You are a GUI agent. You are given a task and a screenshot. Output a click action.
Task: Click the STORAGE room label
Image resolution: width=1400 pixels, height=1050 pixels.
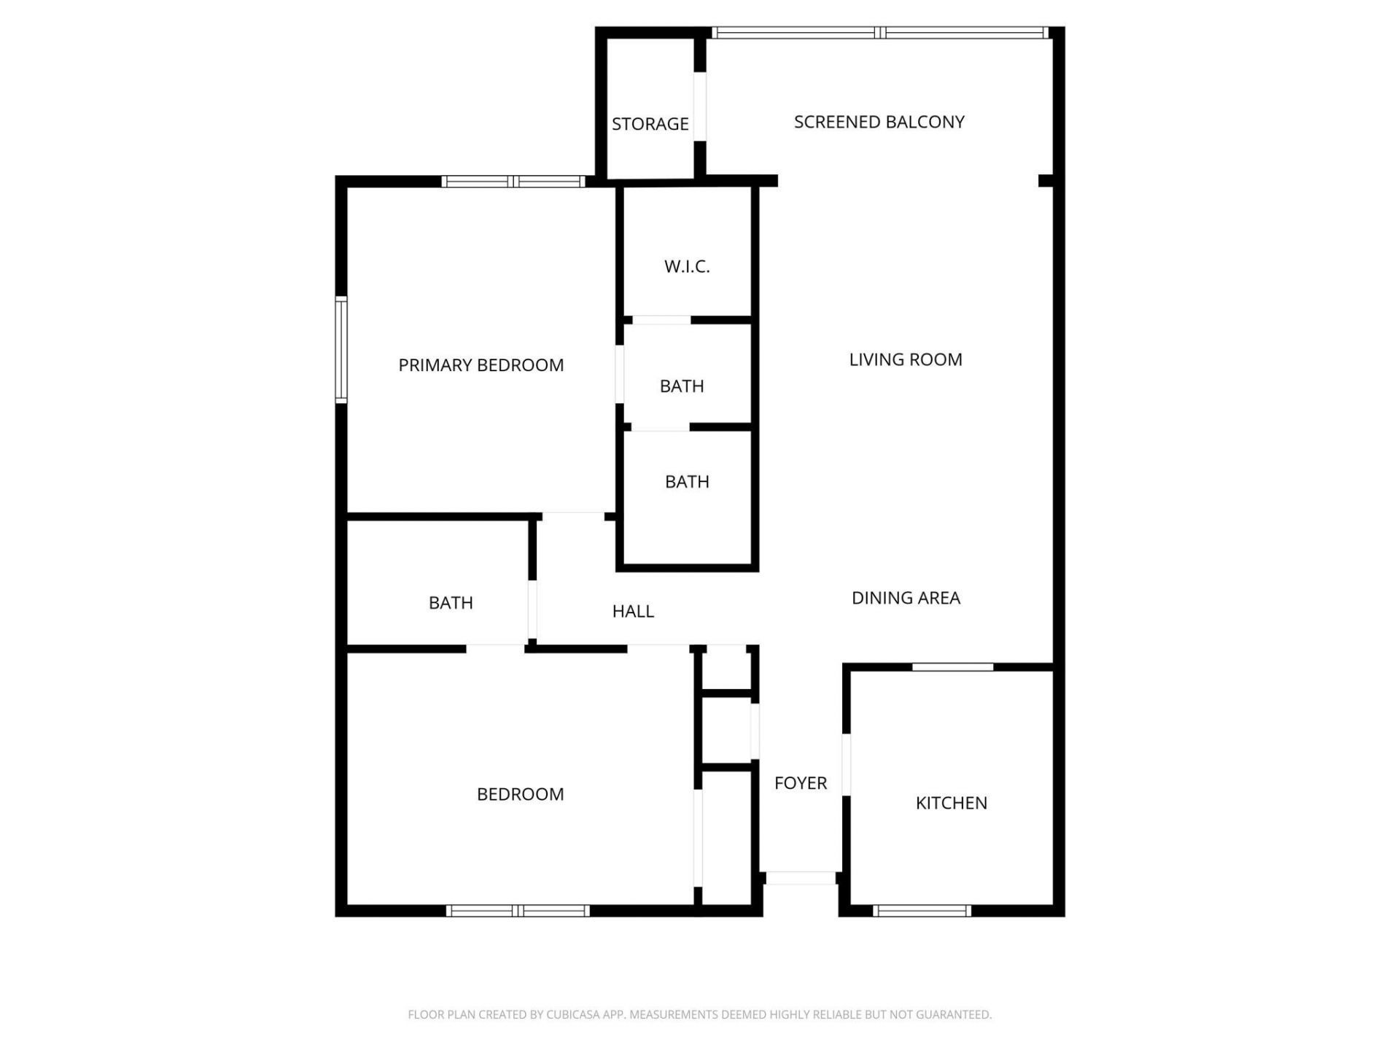click(650, 124)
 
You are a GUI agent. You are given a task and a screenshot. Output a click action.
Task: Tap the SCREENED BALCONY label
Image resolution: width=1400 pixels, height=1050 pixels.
click(879, 122)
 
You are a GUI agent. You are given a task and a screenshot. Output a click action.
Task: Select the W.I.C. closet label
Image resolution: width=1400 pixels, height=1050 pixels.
click(687, 267)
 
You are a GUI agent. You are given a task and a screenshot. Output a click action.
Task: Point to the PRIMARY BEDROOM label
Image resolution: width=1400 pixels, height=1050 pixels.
click(481, 365)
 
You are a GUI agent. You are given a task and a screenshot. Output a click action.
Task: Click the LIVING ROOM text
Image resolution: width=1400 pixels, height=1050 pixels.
click(905, 359)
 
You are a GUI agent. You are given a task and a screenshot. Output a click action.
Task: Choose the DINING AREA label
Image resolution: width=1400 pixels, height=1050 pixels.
click(906, 598)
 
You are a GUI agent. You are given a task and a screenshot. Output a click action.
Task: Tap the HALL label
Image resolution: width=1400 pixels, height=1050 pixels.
click(633, 611)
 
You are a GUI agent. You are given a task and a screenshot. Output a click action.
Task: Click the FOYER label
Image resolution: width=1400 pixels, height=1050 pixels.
click(800, 783)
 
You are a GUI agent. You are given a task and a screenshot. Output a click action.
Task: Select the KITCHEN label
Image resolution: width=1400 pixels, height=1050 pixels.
click(951, 803)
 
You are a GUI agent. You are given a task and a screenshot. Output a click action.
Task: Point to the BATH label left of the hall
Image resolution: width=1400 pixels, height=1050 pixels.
click(451, 603)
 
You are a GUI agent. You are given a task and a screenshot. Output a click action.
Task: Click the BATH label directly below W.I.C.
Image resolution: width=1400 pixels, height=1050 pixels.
click(682, 386)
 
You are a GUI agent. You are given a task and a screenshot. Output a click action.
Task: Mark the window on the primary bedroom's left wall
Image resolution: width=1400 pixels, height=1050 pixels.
click(341, 349)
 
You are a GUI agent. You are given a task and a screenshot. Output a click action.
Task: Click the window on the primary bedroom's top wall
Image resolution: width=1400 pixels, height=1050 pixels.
click(513, 182)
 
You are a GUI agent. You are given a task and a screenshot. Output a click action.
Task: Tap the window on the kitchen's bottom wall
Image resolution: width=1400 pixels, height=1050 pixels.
click(922, 911)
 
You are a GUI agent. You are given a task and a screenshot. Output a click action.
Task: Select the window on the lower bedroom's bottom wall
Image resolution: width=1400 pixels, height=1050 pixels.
click(518, 911)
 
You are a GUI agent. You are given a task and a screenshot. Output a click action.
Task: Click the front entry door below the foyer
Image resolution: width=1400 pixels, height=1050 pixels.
click(800, 879)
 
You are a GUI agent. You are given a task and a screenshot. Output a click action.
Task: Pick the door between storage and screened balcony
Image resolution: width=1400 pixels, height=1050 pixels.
click(699, 106)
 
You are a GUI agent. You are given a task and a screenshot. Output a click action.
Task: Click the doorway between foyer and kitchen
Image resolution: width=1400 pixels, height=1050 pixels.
click(846, 764)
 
